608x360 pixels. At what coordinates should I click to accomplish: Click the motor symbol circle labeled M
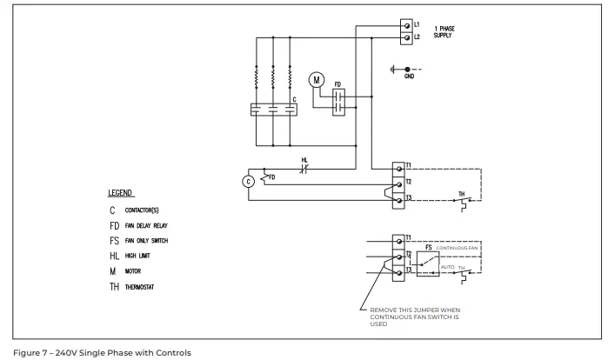click(x=317, y=79)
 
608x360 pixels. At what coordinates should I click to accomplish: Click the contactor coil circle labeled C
click(x=248, y=181)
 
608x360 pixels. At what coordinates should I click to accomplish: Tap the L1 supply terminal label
click(x=418, y=23)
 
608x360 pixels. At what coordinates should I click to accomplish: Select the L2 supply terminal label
click(x=418, y=37)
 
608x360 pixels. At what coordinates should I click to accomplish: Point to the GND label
click(x=410, y=77)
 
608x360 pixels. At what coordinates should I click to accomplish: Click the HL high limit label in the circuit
click(x=304, y=160)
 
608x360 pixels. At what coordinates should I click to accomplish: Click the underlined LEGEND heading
click(x=121, y=193)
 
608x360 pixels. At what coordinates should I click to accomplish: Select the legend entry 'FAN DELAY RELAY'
click(x=149, y=225)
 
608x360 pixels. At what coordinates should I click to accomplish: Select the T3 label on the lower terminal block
click(x=408, y=271)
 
